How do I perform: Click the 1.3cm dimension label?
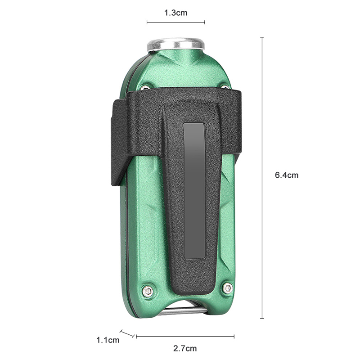point(175,13)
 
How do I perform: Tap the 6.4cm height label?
point(287,175)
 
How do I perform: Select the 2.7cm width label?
point(185,348)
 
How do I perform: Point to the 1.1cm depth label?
point(108,340)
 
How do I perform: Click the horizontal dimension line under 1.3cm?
point(175,22)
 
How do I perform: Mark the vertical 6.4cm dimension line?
point(262,177)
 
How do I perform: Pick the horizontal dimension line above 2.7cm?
point(185,337)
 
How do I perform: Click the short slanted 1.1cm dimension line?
point(127,333)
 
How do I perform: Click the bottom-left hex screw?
point(147,291)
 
